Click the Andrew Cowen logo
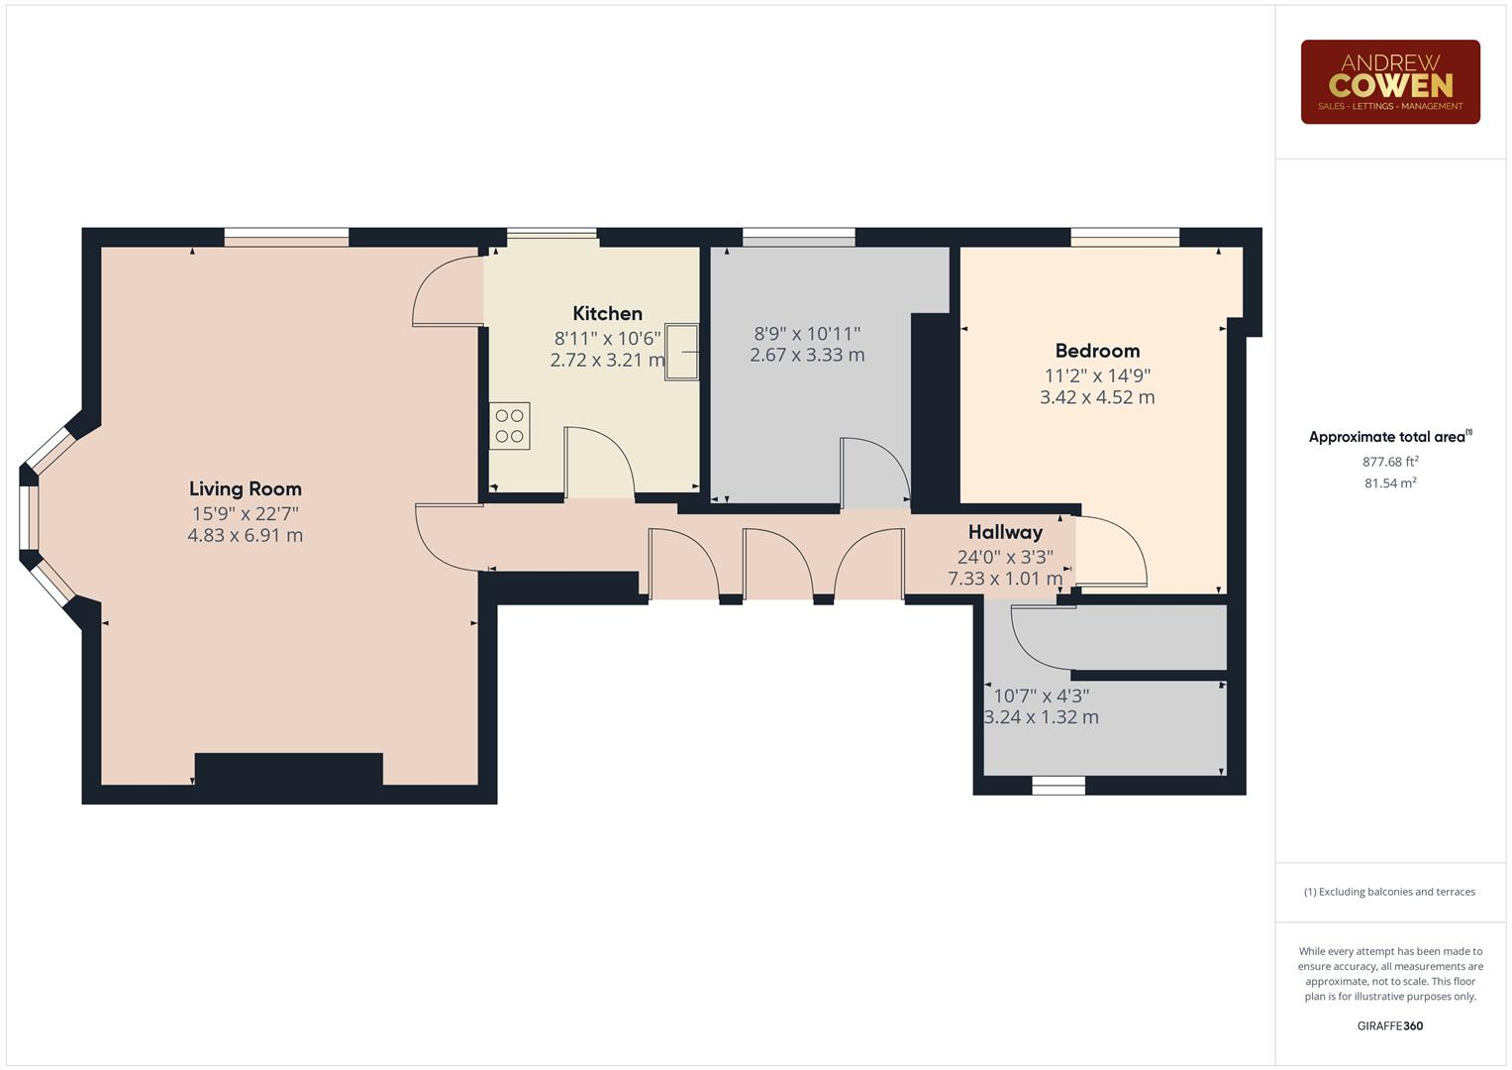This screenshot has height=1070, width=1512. pyautogui.click(x=1389, y=81)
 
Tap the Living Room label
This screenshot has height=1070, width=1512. pyautogui.click(x=245, y=488)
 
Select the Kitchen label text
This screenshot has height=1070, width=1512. pyautogui.click(x=607, y=313)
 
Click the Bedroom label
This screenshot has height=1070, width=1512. pyautogui.click(x=1097, y=351)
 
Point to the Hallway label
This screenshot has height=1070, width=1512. pyautogui.click(x=1005, y=532)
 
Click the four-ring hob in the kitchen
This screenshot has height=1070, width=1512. pyautogui.click(x=510, y=426)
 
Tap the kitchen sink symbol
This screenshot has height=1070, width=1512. pyautogui.click(x=682, y=351)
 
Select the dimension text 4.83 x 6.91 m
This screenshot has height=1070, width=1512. pyautogui.click(x=245, y=536)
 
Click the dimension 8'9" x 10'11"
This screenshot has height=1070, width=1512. pyautogui.click(x=807, y=334)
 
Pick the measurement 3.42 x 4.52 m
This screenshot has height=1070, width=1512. pyautogui.click(x=1097, y=397)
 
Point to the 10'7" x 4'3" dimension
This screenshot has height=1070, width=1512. pyautogui.click(x=1041, y=695)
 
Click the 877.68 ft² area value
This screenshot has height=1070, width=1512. pyautogui.click(x=1390, y=462)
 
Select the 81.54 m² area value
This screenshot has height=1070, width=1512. pyautogui.click(x=1390, y=483)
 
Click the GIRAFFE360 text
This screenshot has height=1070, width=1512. pyautogui.click(x=1389, y=1025)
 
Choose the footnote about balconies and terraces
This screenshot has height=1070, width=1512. pyautogui.click(x=1389, y=892)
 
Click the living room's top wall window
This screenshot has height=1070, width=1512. pyautogui.click(x=286, y=237)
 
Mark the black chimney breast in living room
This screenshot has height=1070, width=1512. pyautogui.click(x=288, y=771)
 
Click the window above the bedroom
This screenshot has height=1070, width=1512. pyautogui.click(x=1125, y=237)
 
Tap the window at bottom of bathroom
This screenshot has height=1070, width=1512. pyautogui.click(x=1058, y=786)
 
